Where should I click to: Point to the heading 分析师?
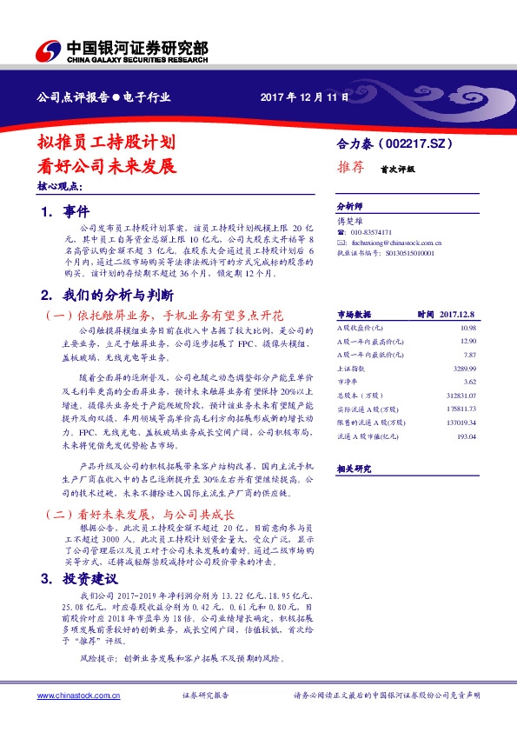[x=348, y=208]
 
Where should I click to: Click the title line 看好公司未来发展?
[x=108, y=164]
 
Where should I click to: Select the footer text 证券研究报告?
[x=205, y=695]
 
